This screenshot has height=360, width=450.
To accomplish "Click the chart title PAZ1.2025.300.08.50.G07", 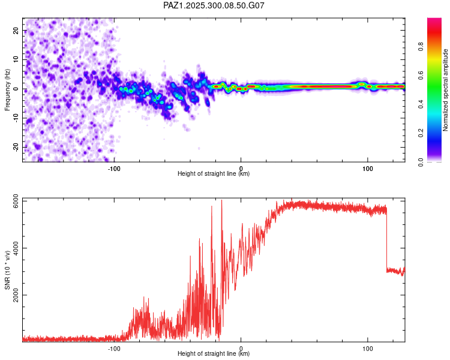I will point(214,5).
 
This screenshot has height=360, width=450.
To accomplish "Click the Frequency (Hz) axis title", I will point(7,89).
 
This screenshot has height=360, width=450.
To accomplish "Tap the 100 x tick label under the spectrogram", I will point(367,168).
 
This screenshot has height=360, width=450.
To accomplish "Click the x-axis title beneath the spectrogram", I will point(214,174).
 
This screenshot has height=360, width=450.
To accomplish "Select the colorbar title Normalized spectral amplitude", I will point(445,90).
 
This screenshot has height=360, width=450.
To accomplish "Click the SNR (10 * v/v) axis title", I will point(7,270).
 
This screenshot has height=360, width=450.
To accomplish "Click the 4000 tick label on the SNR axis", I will point(14,248).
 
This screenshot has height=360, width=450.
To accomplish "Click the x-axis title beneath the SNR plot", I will point(214,354).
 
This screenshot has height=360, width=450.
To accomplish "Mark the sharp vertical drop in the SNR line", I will point(386,240).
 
